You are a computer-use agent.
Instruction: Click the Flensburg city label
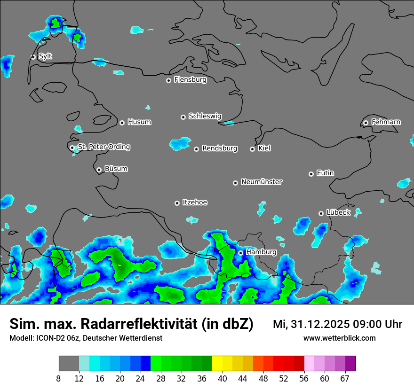pos(190,80)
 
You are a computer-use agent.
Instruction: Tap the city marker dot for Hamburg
pos(240,253)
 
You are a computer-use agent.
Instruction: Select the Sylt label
pos(45,56)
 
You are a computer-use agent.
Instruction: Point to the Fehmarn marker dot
pos(366,123)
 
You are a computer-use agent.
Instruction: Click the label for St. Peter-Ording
pos(104,147)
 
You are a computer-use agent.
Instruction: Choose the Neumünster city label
pos(262,182)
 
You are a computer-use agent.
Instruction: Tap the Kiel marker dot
pos(252,149)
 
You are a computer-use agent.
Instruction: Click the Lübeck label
pos(338,213)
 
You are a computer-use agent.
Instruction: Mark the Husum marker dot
pos(122,123)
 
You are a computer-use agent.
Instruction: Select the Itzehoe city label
pos(195,203)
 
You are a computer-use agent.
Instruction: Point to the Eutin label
pos(325,173)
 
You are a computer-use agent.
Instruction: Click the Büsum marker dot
pos(99,170)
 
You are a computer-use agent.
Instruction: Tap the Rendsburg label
pos(220,148)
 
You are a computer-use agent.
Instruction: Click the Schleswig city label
pos(205,116)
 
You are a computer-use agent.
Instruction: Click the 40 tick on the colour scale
pos(223,378)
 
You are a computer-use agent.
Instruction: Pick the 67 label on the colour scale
pos(345,378)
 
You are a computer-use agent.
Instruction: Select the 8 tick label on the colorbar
pos(59,378)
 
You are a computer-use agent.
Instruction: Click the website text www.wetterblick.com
pos(340,338)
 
